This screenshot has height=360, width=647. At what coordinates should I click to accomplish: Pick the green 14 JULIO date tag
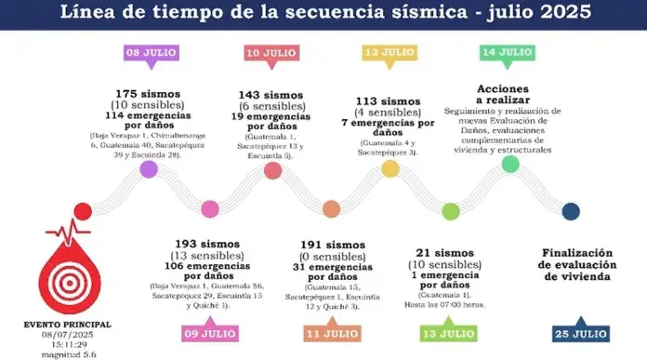coord(508,53)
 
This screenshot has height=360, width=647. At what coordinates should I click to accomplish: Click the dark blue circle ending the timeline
coord(571,211)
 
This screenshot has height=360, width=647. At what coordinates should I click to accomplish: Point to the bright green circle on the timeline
coord(509,165)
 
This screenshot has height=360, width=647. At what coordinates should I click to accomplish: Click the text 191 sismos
coord(331,245)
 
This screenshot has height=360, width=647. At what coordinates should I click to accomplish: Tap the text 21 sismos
coord(450,252)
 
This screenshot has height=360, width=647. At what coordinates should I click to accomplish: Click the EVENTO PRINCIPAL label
coord(67,324)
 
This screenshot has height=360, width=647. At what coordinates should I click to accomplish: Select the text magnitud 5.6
coord(67,353)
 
